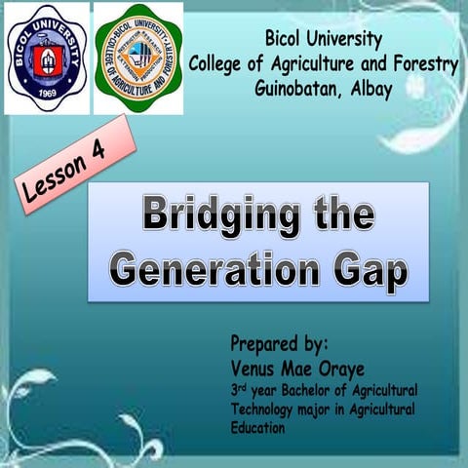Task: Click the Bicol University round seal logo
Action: [x=47, y=57]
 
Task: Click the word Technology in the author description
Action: [x=266, y=408]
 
